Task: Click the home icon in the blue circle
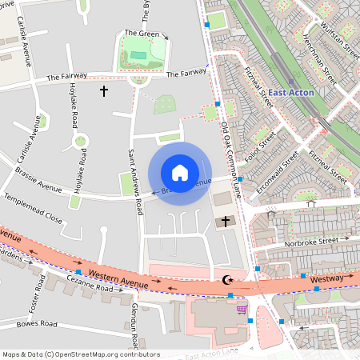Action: point(180,173)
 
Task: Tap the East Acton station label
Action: point(290,93)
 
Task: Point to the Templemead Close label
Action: point(33,207)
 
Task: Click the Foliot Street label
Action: point(259,148)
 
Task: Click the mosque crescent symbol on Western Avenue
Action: point(226,280)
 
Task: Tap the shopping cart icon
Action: point(242,309)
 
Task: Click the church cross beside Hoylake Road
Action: point(103,91)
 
